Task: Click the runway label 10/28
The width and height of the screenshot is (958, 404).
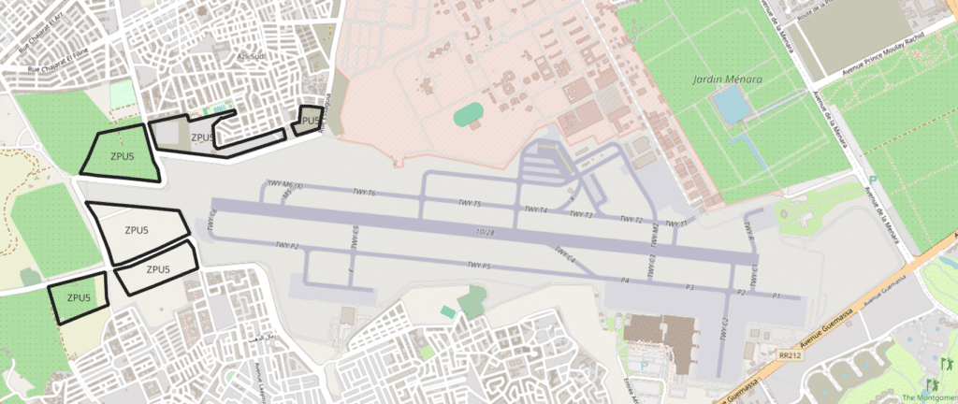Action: click(485, 230)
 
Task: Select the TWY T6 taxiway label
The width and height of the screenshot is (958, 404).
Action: click(364, 193)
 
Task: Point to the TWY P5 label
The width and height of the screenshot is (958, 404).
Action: click(479, 267)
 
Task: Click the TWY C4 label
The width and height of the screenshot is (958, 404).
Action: click(565, 254)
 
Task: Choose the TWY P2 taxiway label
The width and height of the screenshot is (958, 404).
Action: click(287, 245)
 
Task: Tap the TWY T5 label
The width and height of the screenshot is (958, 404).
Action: click(470, 203)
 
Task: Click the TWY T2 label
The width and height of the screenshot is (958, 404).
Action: click(632, 220)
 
